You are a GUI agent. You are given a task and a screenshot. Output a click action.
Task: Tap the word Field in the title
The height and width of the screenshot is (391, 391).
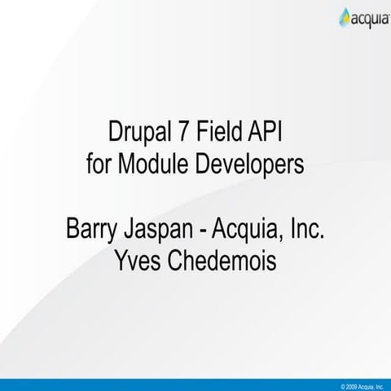coord(222,131)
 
